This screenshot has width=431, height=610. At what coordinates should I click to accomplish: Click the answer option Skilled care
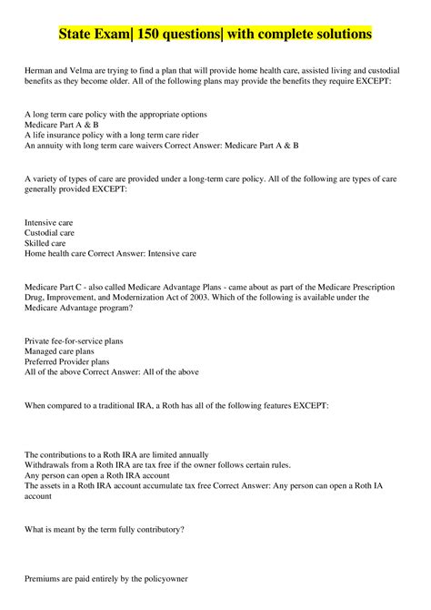coord(45,243)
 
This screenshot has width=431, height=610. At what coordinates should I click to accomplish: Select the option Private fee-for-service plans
coord(74,341)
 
